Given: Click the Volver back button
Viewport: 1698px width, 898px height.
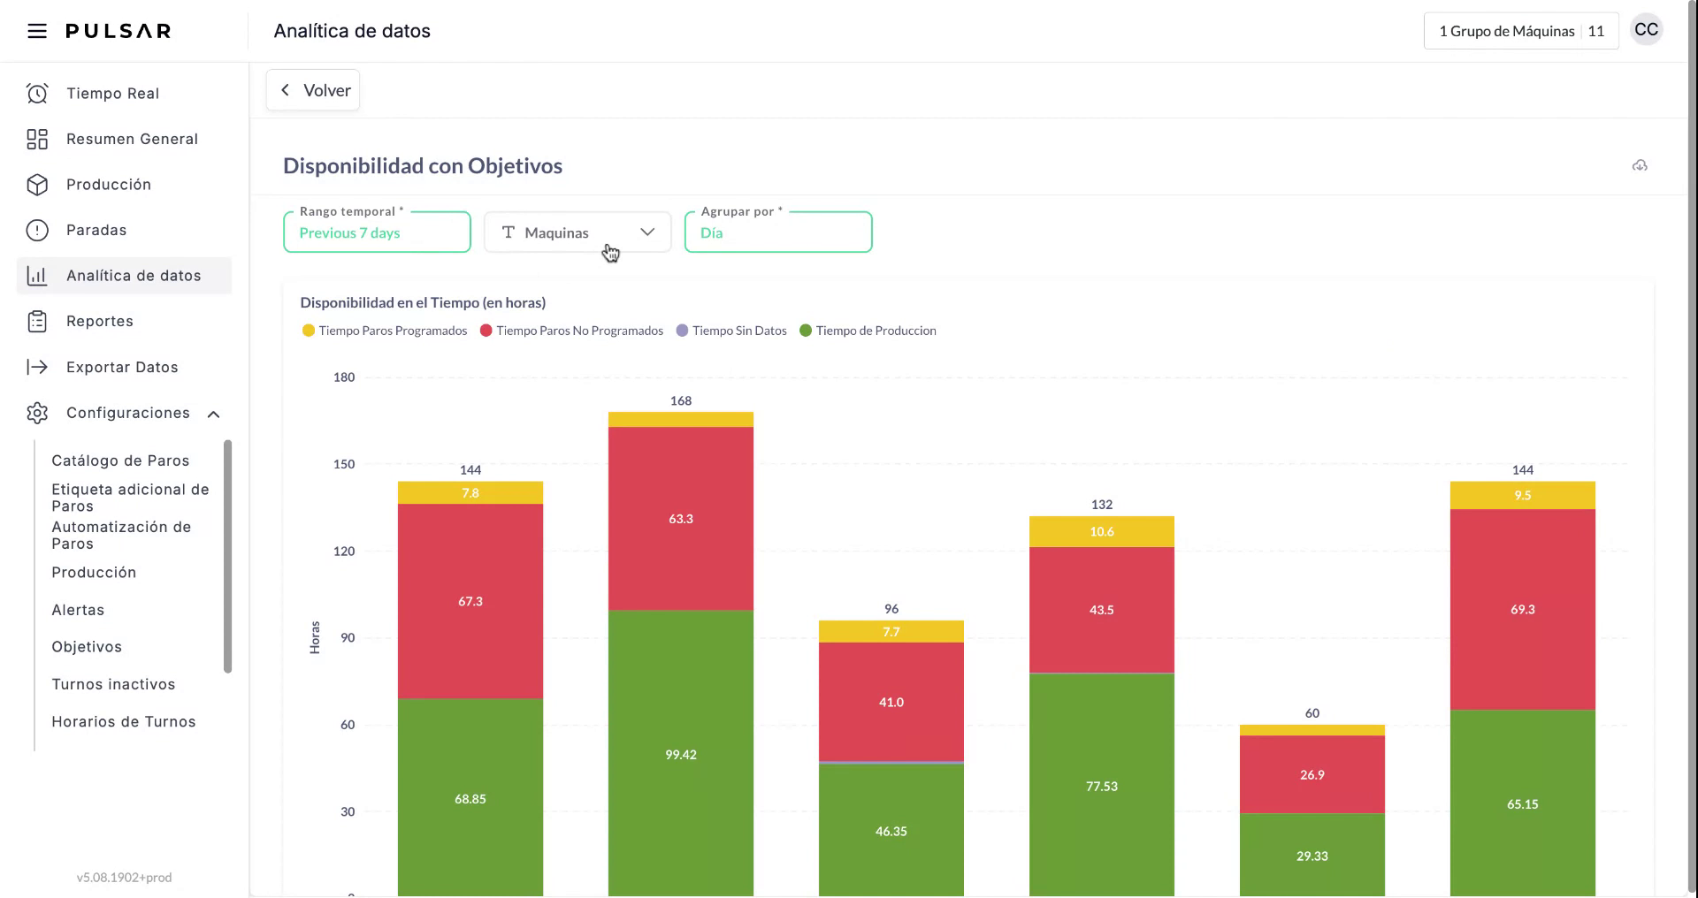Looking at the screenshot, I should pos(313,90).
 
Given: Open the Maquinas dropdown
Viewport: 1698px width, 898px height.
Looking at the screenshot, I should pos(577,232).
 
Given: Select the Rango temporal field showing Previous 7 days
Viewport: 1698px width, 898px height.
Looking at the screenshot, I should pos(377,232).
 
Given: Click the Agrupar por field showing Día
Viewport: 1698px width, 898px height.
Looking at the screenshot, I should pos(777,232).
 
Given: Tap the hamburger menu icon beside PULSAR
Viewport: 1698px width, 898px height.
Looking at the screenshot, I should pos(37,32).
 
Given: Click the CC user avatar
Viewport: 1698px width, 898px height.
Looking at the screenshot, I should pos(1646,30).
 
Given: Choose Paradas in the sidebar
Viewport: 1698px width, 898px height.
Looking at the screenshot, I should pos(96,231).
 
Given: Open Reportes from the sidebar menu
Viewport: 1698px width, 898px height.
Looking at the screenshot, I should pos(99,322).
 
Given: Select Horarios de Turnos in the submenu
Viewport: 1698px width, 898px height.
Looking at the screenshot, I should pos(124,722).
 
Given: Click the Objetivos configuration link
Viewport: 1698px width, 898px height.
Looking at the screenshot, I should pos(87,647).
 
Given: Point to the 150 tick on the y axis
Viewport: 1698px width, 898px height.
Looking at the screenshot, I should pos(344,464).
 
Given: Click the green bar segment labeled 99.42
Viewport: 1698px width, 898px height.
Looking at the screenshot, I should pos(681,753).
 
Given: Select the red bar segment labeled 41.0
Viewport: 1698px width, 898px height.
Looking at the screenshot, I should pos(891,701).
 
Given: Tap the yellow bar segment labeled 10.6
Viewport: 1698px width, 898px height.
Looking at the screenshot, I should pos(1102,532).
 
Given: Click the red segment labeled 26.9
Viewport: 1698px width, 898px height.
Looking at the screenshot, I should pos(1312,774).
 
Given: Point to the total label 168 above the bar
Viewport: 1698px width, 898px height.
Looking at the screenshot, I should pos(681,401).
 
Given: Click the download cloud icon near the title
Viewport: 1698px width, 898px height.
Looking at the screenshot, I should pos(1640,166).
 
